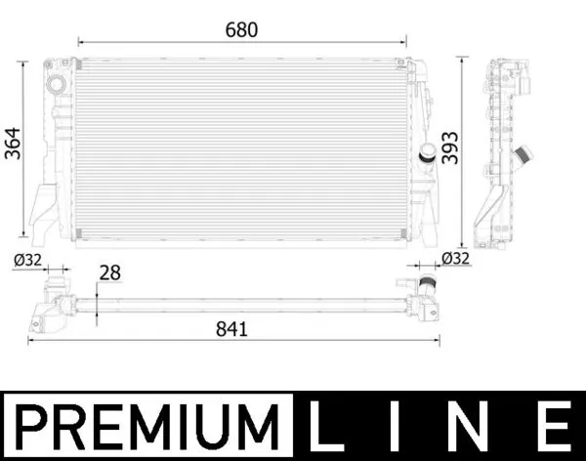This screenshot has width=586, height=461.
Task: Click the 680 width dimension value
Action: [x=241, y=29]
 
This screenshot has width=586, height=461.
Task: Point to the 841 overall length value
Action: [x=231, y=329]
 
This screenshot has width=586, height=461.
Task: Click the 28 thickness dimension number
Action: [x=111, y=274]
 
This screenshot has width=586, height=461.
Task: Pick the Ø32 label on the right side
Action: [x=455, y=259]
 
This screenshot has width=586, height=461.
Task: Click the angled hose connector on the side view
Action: [x=524, y=154]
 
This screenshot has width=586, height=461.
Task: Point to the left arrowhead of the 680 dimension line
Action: [x=80, y=43]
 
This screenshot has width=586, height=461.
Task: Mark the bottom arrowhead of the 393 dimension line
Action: [x=462, y=241]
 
